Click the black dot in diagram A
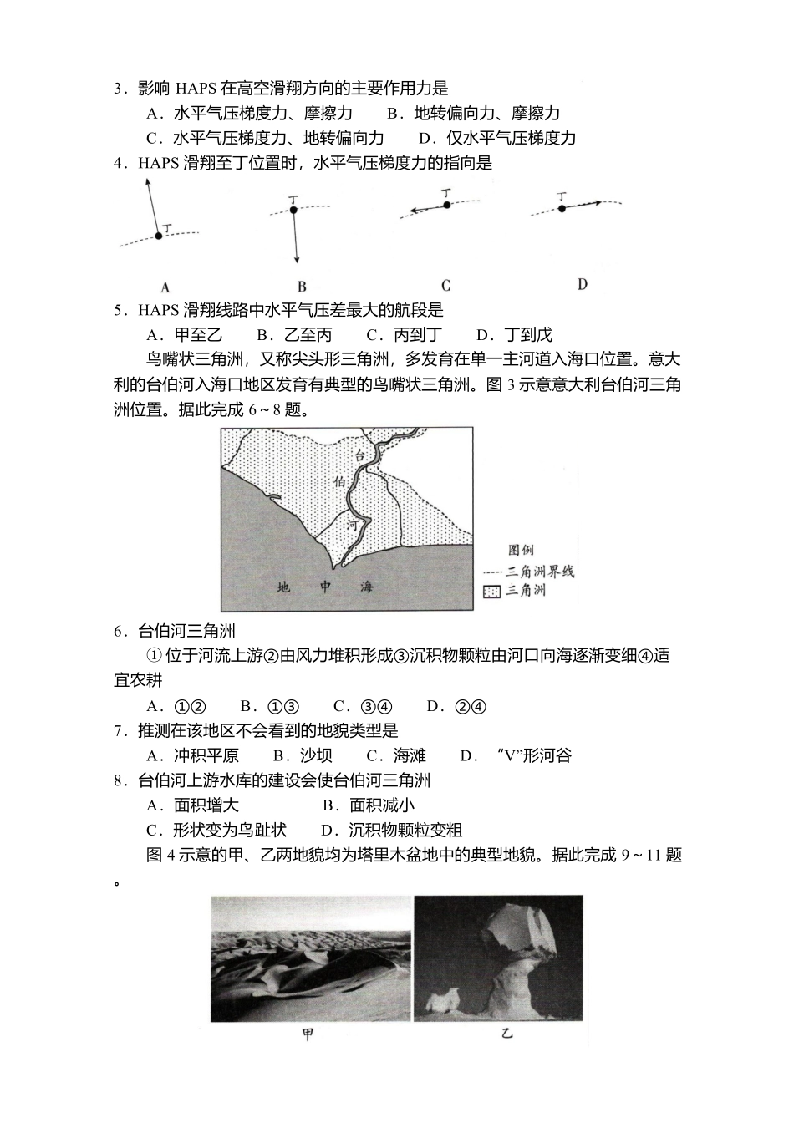click(159, 236)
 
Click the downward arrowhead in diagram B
click(296, 260)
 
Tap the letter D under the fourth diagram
click(582, 284)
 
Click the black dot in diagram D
click(562, 207)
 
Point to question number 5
click(119, 310)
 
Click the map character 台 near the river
click(360, 455)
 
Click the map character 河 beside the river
click(357, 526)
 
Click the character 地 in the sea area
click(284, 587)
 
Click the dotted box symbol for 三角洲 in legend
click(491, 592)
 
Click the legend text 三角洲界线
click(540, 572)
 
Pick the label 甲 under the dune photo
click(308, 1034)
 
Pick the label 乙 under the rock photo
click(506, 1034)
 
